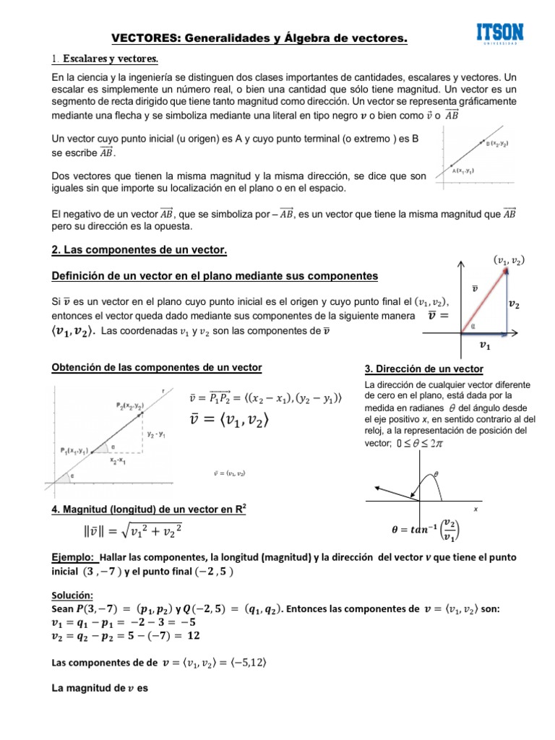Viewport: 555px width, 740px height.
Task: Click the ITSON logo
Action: coord(500,33)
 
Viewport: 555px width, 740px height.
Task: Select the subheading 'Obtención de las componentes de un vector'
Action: coord(157,368)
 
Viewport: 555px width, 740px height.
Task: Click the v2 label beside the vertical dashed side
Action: coord(518,305)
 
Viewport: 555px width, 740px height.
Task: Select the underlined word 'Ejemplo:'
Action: coord(73,558)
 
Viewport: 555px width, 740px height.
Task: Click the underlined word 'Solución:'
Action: coord(72,595)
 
